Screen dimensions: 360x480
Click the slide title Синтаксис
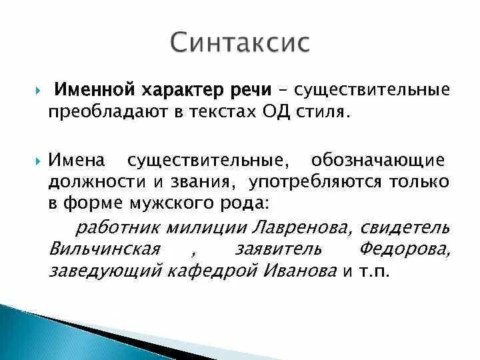(239, 42)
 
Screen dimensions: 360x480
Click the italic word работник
(112, 227)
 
